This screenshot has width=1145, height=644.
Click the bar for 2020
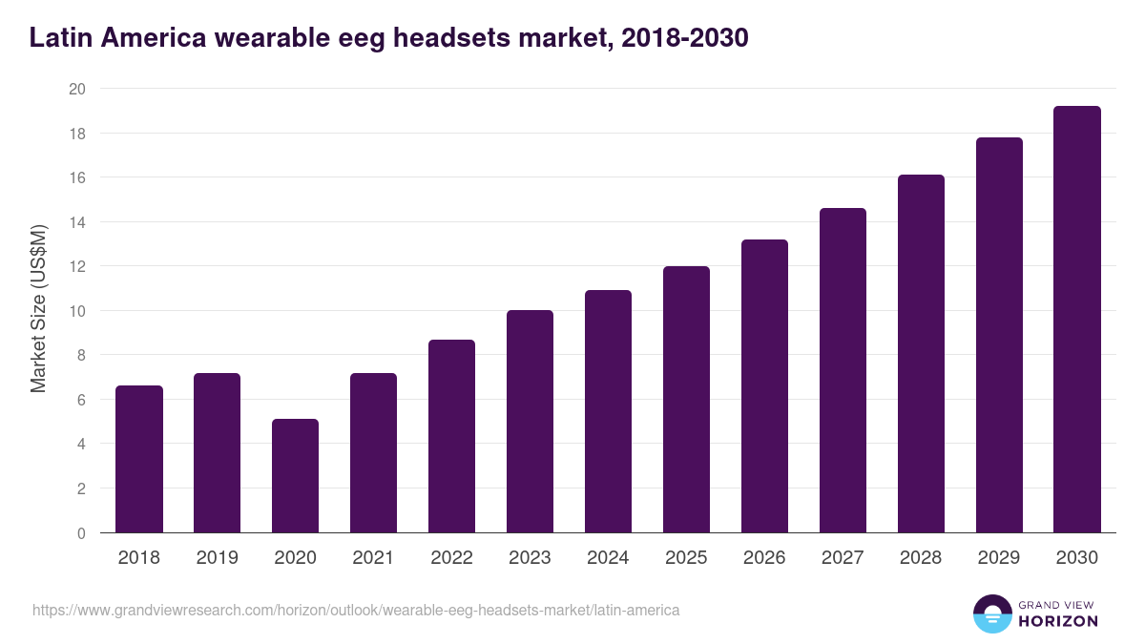click(x=295, y=476)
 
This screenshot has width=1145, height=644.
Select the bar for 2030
click(x=1077, y=320)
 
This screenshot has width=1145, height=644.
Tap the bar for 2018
click(x=139, y=459)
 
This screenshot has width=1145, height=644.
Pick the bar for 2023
click(x=530, y=422)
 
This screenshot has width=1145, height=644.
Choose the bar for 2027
click(x=843, y=370)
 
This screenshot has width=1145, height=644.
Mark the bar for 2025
click(x=686, y=400)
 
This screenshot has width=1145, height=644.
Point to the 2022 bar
click(x=451, y=436)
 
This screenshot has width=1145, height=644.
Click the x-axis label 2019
click(x=217, y=558)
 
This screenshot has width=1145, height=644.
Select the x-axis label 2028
click(x=921, y=558)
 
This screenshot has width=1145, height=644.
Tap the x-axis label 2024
click(x=608, y=558)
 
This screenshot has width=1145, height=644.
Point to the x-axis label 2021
click(x=373, y=558)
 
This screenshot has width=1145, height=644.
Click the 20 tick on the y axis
click(x=77, y=89)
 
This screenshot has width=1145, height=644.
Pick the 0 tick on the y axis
click(x=81, y=533)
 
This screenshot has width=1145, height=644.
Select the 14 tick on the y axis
click(x=77, y=222)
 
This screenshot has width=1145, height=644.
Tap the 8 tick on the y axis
click(x=81, y=355)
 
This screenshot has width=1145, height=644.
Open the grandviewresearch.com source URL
click(x=356, y=610)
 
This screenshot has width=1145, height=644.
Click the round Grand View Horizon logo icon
click(x=991, y=613)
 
